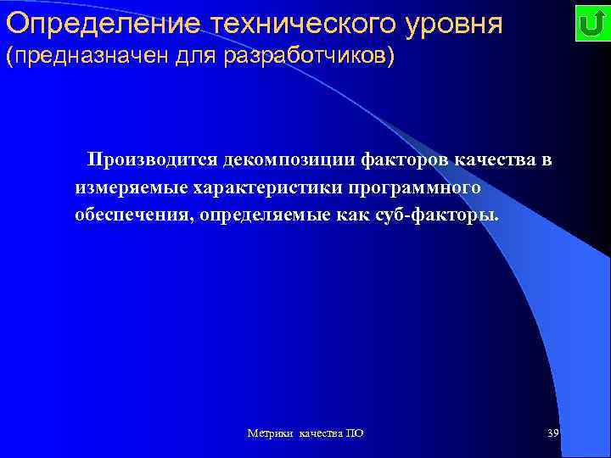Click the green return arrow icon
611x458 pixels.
pos(589,24)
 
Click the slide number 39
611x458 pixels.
pos(552,433)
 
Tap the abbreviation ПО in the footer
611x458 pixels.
pos(356,433)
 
